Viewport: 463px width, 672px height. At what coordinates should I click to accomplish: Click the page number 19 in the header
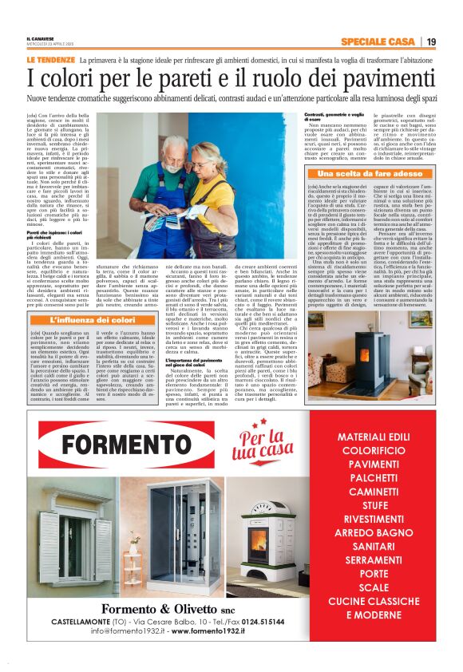point(430,42)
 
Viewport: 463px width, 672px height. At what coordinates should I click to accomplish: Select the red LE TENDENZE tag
point(50,60)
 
